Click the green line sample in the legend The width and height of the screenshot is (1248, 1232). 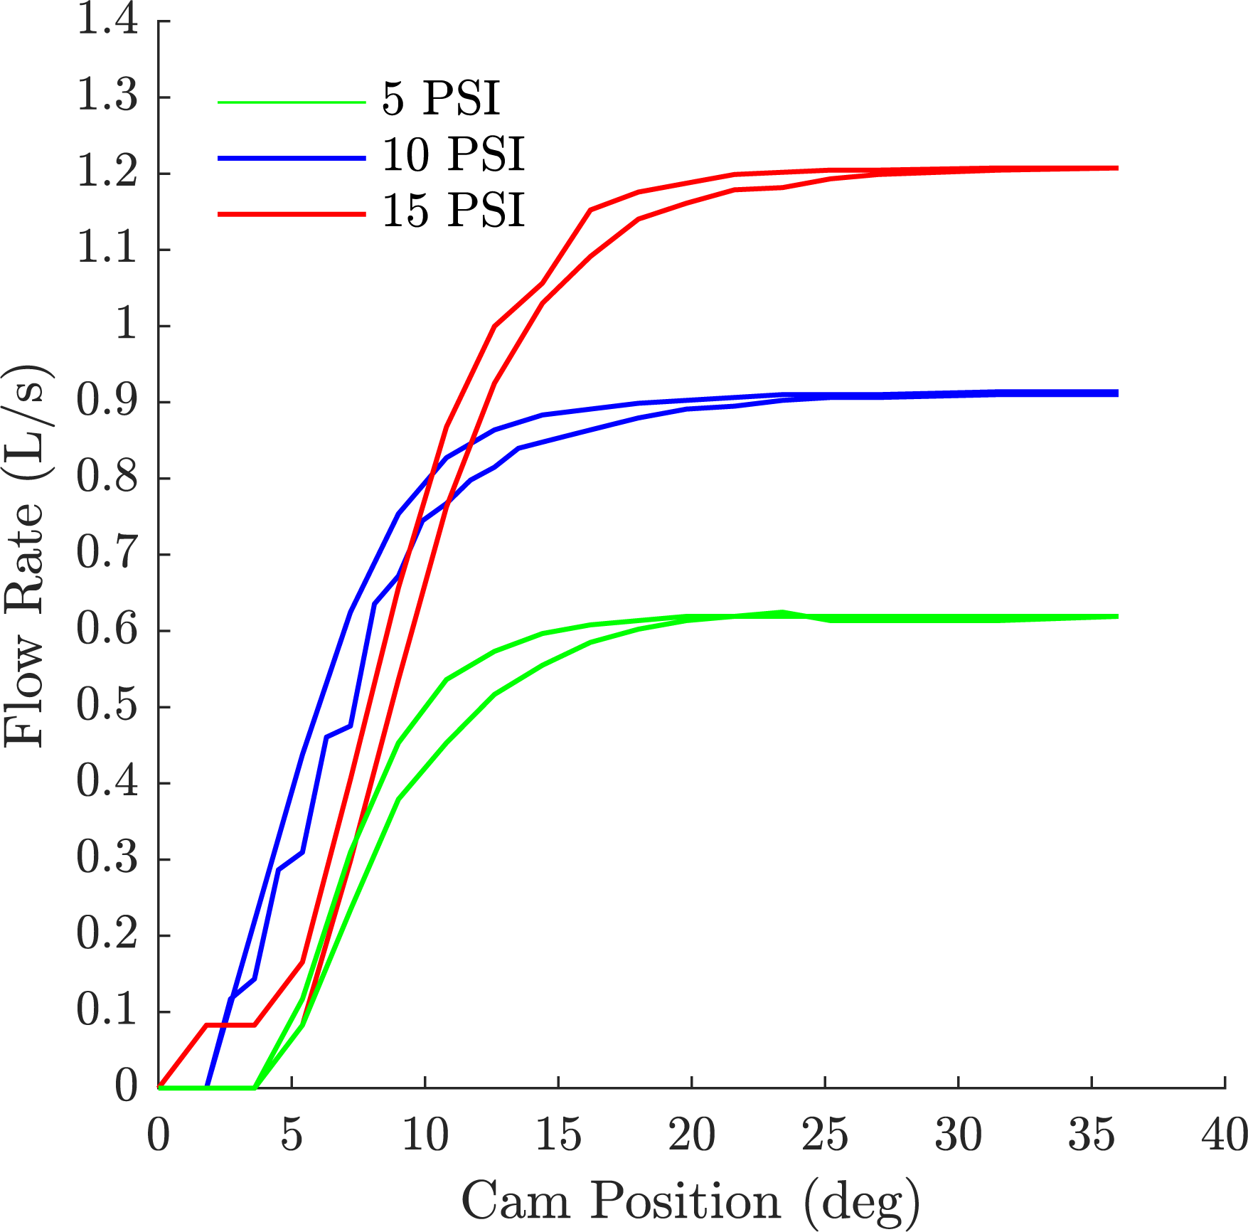click(x=292, y=102)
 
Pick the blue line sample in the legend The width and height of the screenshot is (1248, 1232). click(x=292, y=158)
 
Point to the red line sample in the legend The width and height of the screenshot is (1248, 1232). click(x=292, y=214)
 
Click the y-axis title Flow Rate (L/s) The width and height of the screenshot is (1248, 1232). click(x=25, y=555)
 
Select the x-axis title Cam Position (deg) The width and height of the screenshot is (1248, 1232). click(x=690, y=1201)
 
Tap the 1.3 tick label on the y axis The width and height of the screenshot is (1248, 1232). click(x=107, y=96)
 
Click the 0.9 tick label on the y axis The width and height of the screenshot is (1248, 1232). click(x=107, y=402)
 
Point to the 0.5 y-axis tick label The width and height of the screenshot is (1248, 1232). click(x=107, y=706)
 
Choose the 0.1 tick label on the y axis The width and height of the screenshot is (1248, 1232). click(x=107, y=1011)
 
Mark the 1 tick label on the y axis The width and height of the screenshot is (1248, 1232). click(x=127, y=325)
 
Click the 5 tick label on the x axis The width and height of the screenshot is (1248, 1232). click(x=292, y=1135)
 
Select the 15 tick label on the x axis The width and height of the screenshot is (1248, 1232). click(x=558, y=1135)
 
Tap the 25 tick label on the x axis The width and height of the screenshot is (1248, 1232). click(x=825, y=1135)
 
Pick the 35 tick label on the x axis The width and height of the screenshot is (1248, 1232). click(x=1092, y=1135)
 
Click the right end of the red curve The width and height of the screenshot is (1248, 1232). click(x=1117, y=169)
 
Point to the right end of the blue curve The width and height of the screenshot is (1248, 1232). click(x=1117, y=393)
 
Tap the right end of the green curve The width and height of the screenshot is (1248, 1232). click(x=1117, y=616)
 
